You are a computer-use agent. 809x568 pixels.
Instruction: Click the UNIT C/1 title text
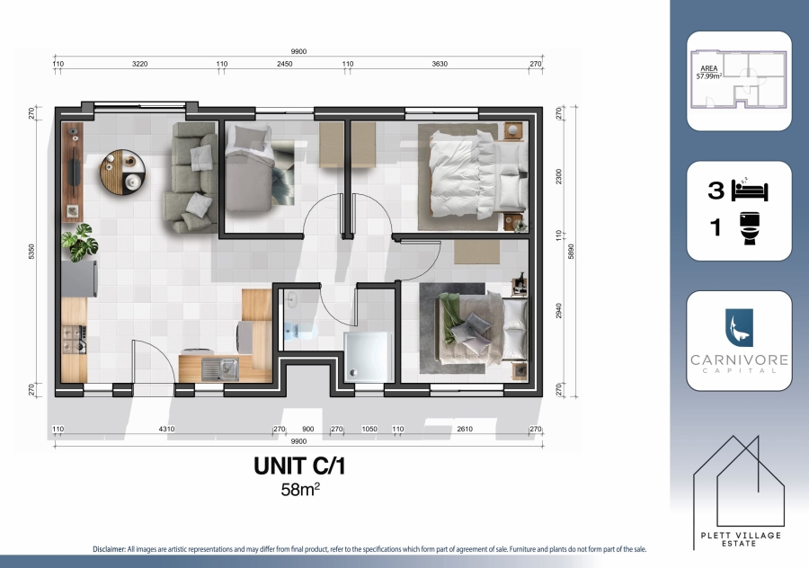299,468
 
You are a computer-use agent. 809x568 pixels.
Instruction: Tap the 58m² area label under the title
300,491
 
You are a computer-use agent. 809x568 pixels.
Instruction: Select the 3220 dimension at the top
140,65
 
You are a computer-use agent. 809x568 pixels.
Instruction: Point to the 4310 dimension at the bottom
165,430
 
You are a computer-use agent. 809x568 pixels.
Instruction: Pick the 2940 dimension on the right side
559,311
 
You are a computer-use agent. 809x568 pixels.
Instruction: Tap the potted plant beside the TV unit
76,241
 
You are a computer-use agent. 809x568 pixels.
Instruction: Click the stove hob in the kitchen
72,341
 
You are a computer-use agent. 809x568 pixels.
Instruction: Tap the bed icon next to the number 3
751,189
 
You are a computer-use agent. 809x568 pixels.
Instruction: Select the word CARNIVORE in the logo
739,359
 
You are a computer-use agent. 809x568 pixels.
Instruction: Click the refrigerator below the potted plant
78,277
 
